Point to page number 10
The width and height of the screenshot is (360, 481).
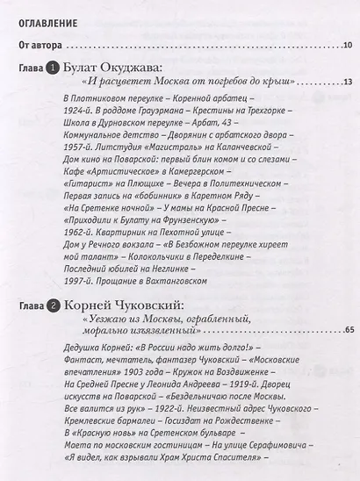click(x=346, y=47)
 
